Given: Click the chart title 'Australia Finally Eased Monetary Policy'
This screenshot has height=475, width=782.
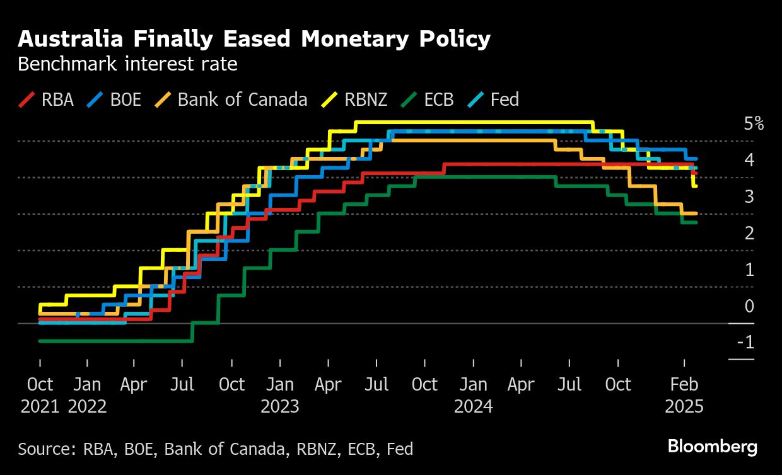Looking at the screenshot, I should [254, 39].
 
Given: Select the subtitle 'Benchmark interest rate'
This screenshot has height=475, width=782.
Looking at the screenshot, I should [127, 64].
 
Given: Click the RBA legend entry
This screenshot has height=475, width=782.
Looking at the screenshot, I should [47, 100].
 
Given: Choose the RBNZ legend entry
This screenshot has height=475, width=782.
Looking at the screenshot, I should [354, 100].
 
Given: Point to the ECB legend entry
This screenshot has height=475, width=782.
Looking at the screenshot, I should [431, 100].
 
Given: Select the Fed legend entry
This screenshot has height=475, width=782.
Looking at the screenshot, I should [494, 100].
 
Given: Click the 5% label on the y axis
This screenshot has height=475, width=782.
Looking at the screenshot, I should [754, 123].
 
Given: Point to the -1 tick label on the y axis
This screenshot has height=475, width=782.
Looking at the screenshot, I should [748, 342].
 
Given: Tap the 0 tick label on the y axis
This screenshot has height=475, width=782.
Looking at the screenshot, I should [750, 306].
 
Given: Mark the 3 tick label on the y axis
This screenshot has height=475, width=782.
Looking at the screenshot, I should [750, 197].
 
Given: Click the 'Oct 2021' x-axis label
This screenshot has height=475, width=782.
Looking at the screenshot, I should [40, 394].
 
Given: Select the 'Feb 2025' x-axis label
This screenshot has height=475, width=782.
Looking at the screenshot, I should [684, 394].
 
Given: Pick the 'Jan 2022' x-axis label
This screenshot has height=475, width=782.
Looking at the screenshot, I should [87, 394].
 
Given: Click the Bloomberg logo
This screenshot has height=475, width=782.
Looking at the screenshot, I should [713, 447].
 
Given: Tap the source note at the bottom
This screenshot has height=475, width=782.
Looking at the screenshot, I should [216, 449].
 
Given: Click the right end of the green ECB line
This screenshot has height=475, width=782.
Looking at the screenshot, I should [696, 222].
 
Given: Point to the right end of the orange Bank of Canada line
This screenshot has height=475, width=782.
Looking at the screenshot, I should [696, 214].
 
